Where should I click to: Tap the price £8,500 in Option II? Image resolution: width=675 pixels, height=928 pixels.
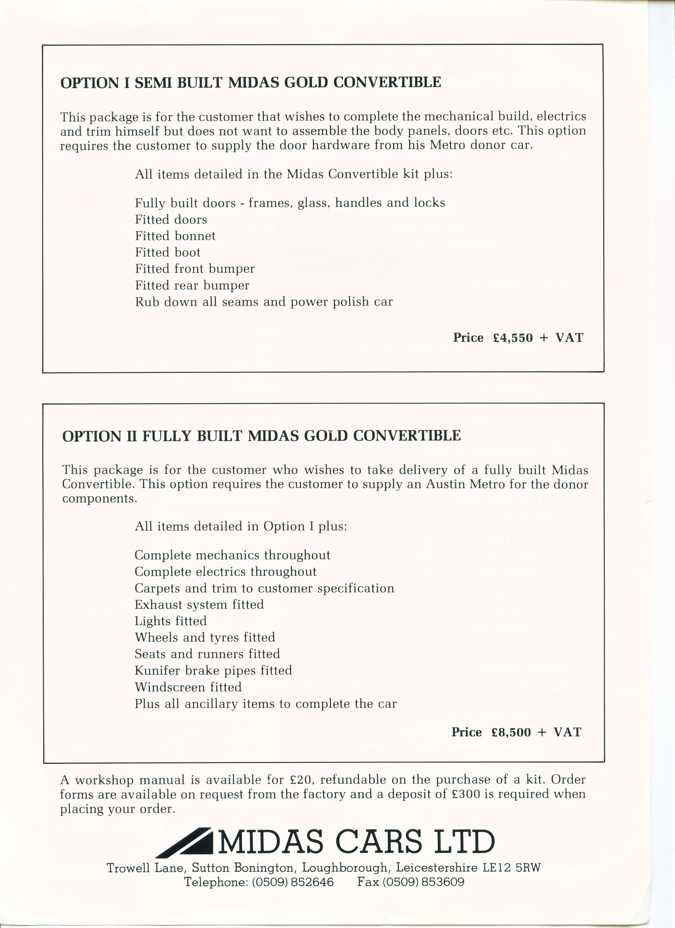(511, 732)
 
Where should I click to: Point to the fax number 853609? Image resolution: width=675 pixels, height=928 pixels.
(444, 881)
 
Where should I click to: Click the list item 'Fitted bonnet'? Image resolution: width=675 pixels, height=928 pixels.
(175, 236)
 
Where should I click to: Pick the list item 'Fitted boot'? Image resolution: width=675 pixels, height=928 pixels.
(168, 252)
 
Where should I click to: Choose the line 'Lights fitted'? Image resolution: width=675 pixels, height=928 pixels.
(171, 621)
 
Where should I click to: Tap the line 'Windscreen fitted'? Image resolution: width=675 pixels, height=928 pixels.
(188, 687)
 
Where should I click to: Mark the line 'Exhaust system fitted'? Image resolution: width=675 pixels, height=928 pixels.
(199, 605)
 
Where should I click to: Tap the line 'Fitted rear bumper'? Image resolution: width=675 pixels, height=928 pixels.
(192, 286)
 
